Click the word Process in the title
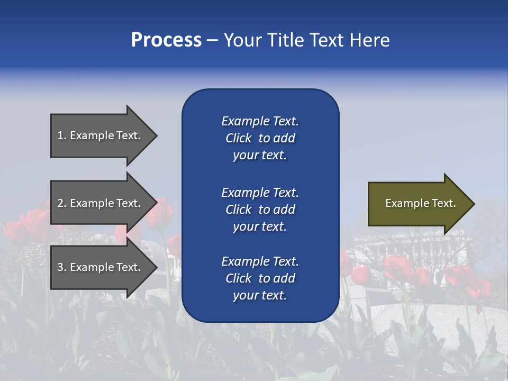[x=166, y=40]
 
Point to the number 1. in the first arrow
[x=62, y=135]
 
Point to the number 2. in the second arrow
[x=62, y=203]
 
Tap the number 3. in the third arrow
[x=62, y=267]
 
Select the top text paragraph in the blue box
[x=260, y=138]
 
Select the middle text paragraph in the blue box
[x=260, y=210]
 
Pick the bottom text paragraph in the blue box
[x=260, y=278]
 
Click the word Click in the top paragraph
[x=238, y=138]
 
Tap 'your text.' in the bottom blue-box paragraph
[x=260, y=296]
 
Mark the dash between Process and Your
[x=212, y=41]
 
